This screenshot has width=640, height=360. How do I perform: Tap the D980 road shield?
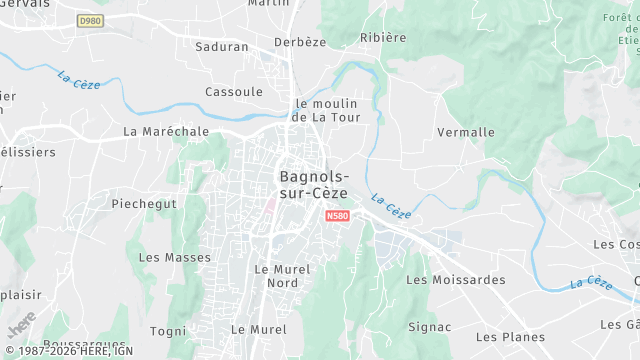[x=91, y=20]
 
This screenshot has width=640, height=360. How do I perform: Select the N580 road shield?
[x=337, y=215]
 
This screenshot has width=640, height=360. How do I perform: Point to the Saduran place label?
[x=222, y=46]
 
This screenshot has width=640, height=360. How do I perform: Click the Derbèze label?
[x=300, y=42]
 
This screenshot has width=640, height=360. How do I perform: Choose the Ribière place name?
[x=382, y=38]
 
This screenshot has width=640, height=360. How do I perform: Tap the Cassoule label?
[x=233, y=91]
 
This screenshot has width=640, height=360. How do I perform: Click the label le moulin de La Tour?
[x=326, y=110]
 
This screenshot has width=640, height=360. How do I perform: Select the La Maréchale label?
[x=166, y=131]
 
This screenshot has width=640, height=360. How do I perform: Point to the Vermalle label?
[x=466, y=132]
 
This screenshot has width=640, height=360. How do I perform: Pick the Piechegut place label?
[x=144, y=203]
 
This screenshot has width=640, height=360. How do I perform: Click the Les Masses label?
[x=175, y=257]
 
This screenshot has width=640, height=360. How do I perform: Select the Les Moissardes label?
[x=456, y=280]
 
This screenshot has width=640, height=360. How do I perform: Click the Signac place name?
[x=430, y=327]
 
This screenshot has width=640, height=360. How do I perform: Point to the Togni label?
[x=168, y=331]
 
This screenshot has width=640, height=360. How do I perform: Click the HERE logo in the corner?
[x=20, y=325]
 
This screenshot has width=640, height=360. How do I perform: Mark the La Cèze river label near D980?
[x=78, y=77]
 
